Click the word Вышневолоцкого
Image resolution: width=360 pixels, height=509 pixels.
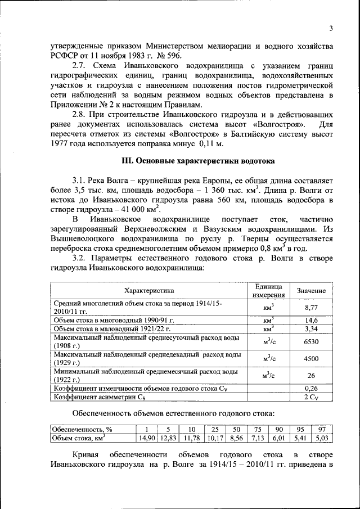coord(83,238)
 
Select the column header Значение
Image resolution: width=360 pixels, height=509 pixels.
coord(311,291)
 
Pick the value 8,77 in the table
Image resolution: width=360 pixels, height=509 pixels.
coord(311,308)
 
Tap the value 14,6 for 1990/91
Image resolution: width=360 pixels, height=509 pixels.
coord(311,319)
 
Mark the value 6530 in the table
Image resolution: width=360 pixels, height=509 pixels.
coord(311,341)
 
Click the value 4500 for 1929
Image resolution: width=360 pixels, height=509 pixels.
coord(311,359)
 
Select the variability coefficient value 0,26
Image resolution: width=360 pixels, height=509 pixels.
coord(311,388)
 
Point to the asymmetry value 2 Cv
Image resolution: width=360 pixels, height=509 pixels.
coord(311,397)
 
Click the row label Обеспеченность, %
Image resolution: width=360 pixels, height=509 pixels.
coord(82,430)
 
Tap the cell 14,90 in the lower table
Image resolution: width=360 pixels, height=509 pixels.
coord(147,438)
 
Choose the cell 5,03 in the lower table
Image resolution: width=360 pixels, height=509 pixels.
coord(323,438)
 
